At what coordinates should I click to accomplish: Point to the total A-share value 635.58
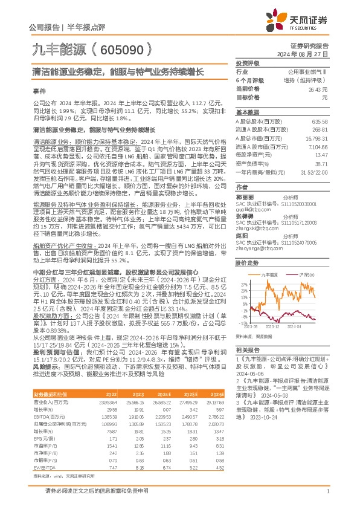tap(319, 121)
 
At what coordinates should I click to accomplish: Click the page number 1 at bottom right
tap(326, 497)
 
